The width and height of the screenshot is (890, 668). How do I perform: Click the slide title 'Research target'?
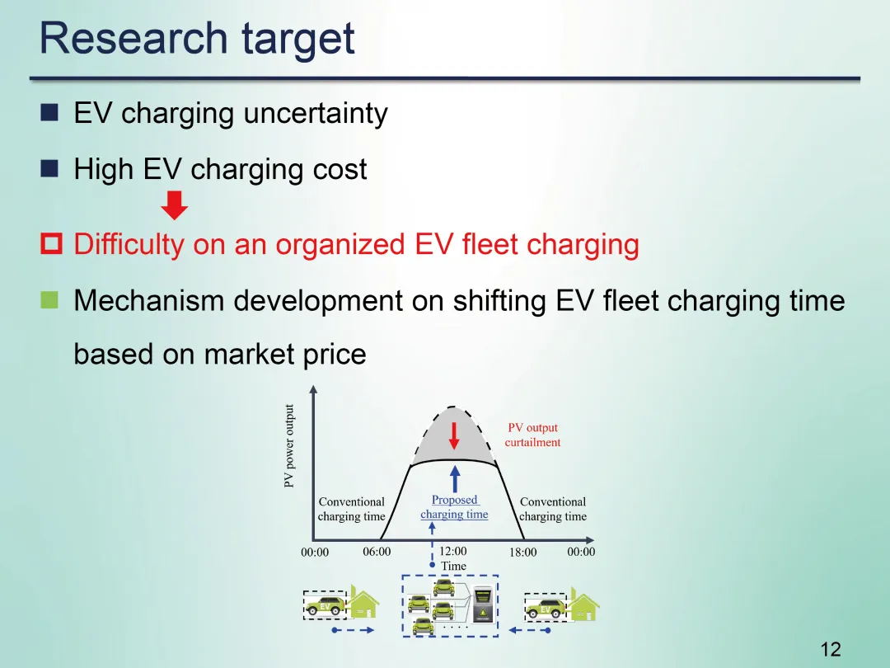pos(197,39)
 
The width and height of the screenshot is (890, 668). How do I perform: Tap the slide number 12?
pos(831,649)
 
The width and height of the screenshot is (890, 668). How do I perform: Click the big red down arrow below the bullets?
pos(174,205)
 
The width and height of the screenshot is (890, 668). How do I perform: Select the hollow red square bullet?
pos(51,244)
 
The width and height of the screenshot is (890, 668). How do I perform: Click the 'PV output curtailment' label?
pos(532,435)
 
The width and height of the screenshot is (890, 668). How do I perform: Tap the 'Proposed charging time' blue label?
pos(454,507)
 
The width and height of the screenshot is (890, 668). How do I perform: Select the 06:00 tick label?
pos(377,552)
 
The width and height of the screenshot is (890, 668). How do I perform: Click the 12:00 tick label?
pos(453,551)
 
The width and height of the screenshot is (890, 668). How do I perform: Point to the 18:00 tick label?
pos(522,552)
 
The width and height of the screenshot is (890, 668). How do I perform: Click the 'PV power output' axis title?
pos(289,445)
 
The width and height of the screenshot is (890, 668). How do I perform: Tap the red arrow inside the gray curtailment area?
pos(453,435)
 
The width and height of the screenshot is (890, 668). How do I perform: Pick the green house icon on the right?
pos(584,603)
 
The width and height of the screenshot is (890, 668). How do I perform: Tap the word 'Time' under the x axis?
pos(453,566)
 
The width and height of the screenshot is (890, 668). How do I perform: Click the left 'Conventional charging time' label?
pos(352,509)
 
